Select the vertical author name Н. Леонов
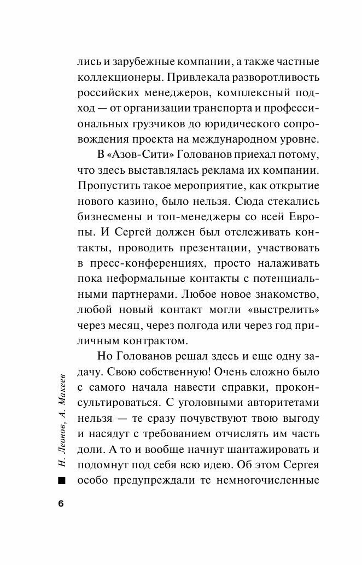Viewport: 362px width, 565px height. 61,439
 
